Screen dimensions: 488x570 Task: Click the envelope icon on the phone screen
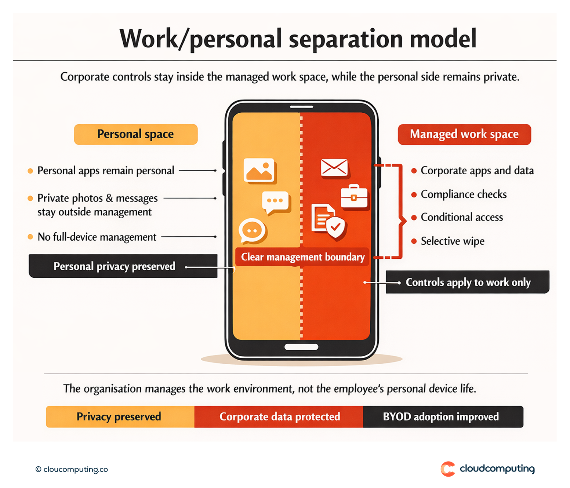334,168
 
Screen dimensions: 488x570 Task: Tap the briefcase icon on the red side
354,197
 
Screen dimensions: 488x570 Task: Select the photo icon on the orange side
259,170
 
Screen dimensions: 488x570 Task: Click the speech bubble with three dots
276,201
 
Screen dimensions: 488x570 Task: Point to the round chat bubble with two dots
252,231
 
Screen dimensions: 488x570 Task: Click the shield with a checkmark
335,227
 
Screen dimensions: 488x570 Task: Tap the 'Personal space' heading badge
136,134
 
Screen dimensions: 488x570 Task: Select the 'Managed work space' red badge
464,134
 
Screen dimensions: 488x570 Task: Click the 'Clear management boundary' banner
302,257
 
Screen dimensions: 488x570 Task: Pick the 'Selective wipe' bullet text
453,241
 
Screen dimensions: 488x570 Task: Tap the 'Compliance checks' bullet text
464,194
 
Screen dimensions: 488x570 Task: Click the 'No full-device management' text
97,237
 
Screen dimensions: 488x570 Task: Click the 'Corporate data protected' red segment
279,416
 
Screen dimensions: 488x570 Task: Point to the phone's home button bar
301,347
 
